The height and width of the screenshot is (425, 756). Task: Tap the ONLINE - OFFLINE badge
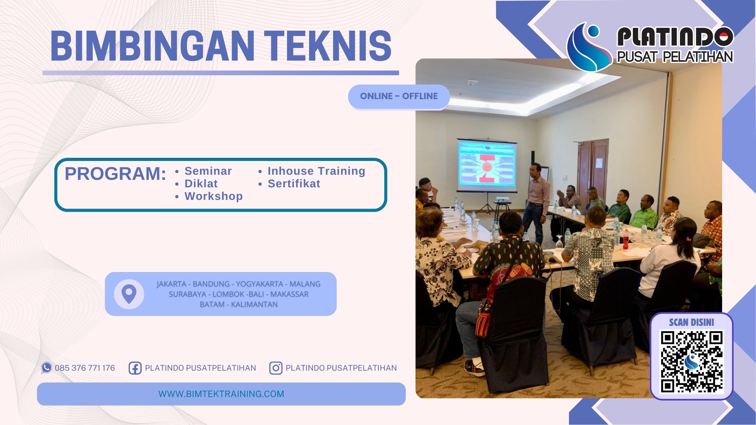coord(398,96)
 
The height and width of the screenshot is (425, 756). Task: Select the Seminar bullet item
coord(208,171)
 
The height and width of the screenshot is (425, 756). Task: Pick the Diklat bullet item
coord(201,184)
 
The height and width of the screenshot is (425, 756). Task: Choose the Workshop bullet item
coord(213,196)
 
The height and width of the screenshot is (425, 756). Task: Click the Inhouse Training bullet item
coord(316,171)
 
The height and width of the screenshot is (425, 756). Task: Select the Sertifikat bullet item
coord(294,184)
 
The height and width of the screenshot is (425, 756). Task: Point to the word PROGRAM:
coord(115,174)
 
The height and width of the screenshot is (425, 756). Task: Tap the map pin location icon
coord(129,294)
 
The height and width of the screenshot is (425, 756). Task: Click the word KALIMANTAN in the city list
coord(254,305)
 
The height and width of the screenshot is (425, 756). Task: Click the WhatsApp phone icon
coord(46,368)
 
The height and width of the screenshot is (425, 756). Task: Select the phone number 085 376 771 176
coord(85,368)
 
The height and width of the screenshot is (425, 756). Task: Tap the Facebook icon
coord(135,368)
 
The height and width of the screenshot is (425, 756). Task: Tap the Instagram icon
coord(276,368)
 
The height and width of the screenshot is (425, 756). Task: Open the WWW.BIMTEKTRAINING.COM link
coord(221,394)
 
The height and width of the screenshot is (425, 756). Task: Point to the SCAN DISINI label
coord(691,322)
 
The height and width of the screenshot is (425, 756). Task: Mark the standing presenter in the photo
coord(536,203)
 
